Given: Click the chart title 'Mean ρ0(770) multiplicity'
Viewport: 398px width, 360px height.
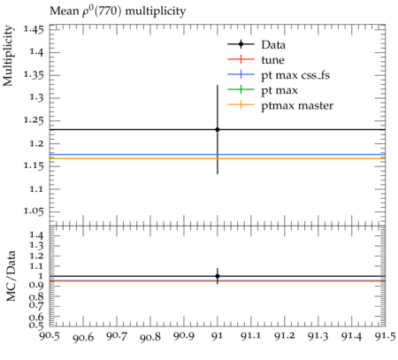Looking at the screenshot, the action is pyautogui.click(x=118, y=11).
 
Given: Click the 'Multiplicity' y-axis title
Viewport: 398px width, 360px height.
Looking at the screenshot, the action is pyautogui.click(x=8, y=56).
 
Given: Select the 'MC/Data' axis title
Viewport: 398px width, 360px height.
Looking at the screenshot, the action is pyautogui.click(x=11, y=276).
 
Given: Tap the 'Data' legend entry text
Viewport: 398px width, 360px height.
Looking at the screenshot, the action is pyautogui.click(x=273, y=45).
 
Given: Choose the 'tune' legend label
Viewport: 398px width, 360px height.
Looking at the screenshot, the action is pyautogui.click(x=272, y=60).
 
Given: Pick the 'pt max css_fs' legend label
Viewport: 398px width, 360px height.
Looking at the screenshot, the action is pyautogui.click(x=295, y=75).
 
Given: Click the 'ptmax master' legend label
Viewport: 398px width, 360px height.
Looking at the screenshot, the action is pyautogui.click(x=297, y=106).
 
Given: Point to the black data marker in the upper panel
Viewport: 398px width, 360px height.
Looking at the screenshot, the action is pyautogui.click(x=218, y=129).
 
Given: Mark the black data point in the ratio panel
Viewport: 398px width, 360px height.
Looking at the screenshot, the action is pyautogui.click(x=218, y=276).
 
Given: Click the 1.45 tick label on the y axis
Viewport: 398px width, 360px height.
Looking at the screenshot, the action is pyautogui.click(x=34, y=30).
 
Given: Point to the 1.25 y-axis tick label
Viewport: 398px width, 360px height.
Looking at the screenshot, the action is pyautogui.click(x=34, y=121).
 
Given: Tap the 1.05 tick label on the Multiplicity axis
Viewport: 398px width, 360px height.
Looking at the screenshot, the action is pyautogui.click(x=34, y=211).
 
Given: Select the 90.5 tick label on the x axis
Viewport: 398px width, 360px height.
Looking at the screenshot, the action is pyautogui.click(x=50, y=336).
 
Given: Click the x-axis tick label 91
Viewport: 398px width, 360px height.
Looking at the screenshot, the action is pyautogui.click(x=218, y=336).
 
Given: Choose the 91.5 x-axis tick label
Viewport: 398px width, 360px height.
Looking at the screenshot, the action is pyautogui.click(x=385, y=336).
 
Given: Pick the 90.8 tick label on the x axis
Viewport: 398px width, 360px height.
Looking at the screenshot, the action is pyautogui.click(x=150, y=337).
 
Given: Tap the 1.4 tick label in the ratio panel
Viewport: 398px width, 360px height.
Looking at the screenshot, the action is pyautogui.click(x=36, y=235).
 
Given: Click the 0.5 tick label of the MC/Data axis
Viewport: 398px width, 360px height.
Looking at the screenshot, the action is pyautogui.click(x=36, y=326).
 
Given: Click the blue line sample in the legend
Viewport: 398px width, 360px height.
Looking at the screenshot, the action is pyautogui.click(x=241, y=74).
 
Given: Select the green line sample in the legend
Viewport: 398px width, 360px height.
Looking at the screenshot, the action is pyautogui.click(x=241, y=89).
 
